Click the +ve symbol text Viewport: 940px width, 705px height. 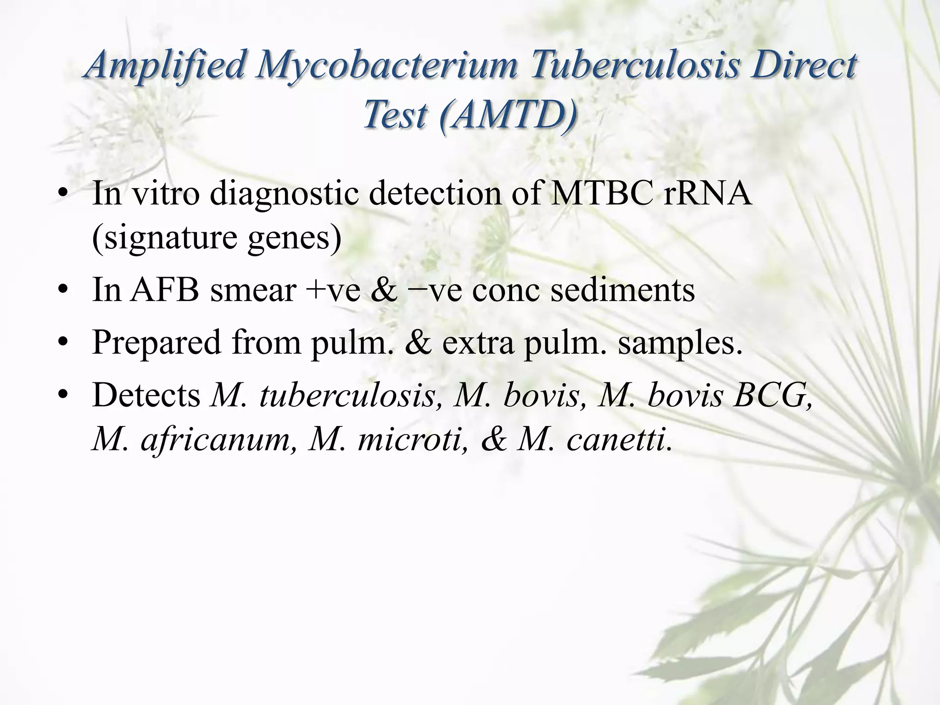(332, 290)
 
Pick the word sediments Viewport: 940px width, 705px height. (622, 290)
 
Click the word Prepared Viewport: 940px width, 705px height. (157, 342)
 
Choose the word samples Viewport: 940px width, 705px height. (679, 342)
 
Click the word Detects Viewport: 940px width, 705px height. (146, 395)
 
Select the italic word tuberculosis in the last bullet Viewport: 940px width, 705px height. (347, 395)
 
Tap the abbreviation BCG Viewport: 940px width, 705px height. (772, 395)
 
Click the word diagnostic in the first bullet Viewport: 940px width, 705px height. (285, 193)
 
